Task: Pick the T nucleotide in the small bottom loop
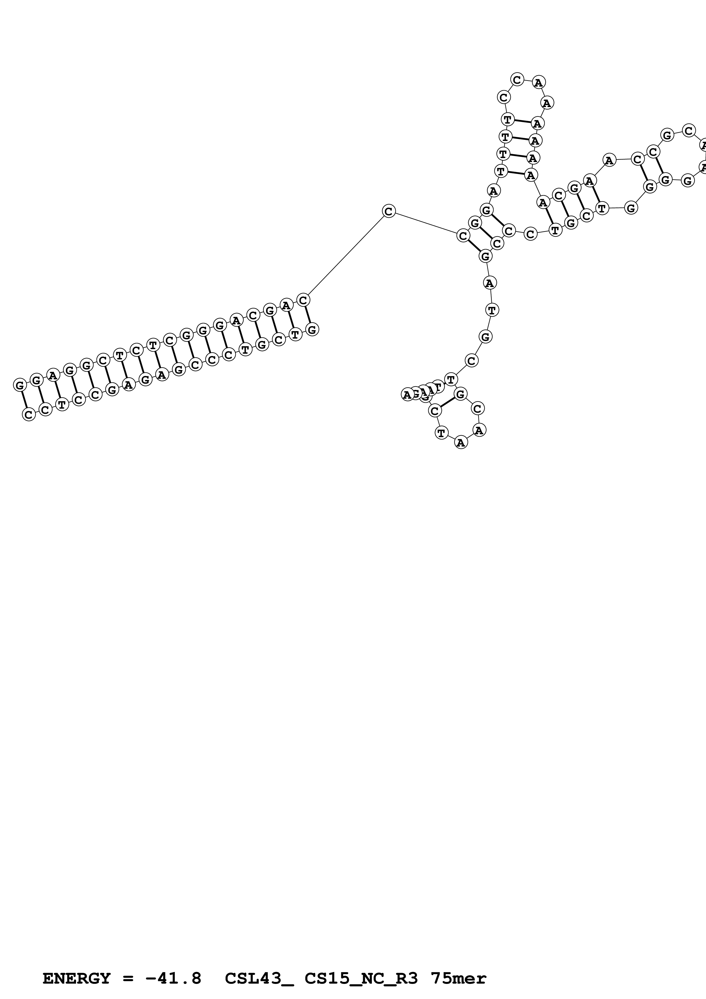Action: (441, 433)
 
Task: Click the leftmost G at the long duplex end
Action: (20, 385)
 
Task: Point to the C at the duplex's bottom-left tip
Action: (29, 415)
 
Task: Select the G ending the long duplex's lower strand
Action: (312, 330)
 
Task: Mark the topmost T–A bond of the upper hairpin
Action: (522, 121)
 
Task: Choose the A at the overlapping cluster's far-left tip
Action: (407, 395)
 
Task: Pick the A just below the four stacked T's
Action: (493, 191)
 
